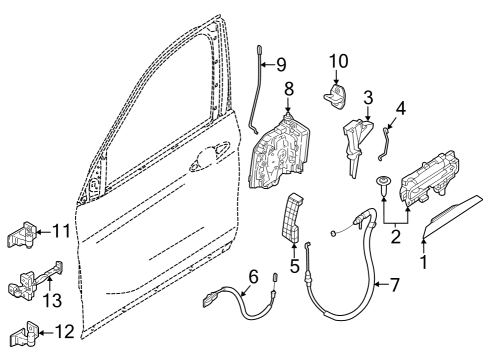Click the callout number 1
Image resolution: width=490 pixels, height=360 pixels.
click(x=422, y=264)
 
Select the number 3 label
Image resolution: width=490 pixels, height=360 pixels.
click(x=368, y=97)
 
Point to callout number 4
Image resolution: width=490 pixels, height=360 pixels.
click(x=402, y=106)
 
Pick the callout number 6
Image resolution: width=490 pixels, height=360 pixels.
click(x=253, y=276)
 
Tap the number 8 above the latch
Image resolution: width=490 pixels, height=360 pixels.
click(x=288, y=89)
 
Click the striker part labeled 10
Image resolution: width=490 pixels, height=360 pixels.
click(x=334, y=98)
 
